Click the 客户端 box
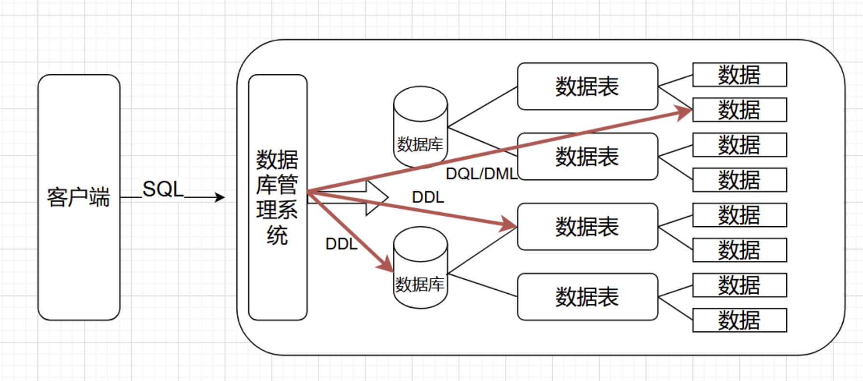79,197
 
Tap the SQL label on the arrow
163,189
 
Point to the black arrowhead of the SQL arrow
220,197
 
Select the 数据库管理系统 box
278,197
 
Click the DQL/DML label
481,174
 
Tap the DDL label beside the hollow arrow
428,197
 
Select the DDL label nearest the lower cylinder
341,244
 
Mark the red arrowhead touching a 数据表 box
509,224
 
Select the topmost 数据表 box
587,86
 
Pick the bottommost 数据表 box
587,297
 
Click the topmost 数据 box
739,75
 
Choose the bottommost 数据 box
739,320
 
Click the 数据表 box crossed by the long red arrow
587,156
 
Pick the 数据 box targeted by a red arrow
739,110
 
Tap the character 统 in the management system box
277,235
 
